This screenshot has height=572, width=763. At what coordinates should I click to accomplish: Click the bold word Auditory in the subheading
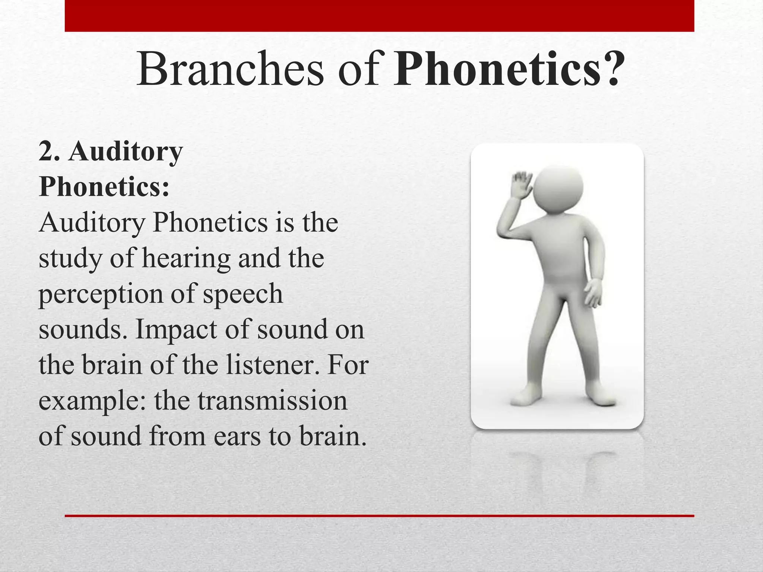click(126, 153)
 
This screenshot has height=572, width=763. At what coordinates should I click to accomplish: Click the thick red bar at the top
click(379, 16)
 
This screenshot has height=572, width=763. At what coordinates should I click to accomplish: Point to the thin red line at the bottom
click(379, 516)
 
